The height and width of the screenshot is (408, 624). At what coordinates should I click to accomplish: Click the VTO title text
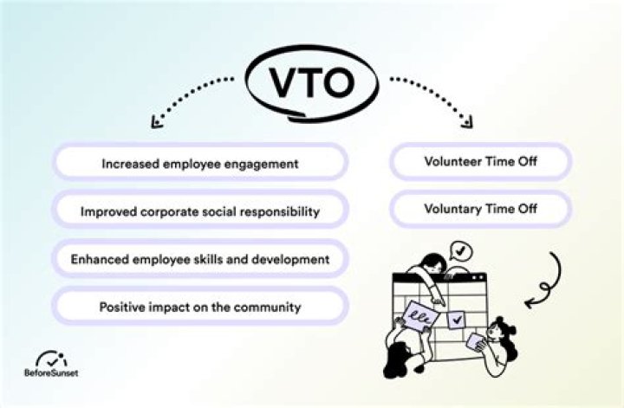[x=313, y=84]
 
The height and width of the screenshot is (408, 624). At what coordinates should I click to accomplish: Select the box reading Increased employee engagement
[x=200, y=162]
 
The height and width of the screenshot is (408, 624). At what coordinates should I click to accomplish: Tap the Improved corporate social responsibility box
[x=200, y=210]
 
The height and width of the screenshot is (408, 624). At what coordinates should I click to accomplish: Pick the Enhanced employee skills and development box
[x=200, y=259]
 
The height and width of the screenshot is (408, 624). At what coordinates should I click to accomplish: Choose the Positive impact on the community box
[x=200, y=307]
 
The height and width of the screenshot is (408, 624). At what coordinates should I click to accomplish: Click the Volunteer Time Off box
[x=480, y=161]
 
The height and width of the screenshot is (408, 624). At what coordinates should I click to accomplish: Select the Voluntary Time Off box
[x=480, y=209]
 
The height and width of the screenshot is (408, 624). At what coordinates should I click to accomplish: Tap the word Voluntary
[x=453, y=209]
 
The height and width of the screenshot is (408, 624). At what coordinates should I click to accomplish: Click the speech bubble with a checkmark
[x=462, y=251]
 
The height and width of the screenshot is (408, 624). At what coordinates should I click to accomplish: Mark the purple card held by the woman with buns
[x=475, y=341]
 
